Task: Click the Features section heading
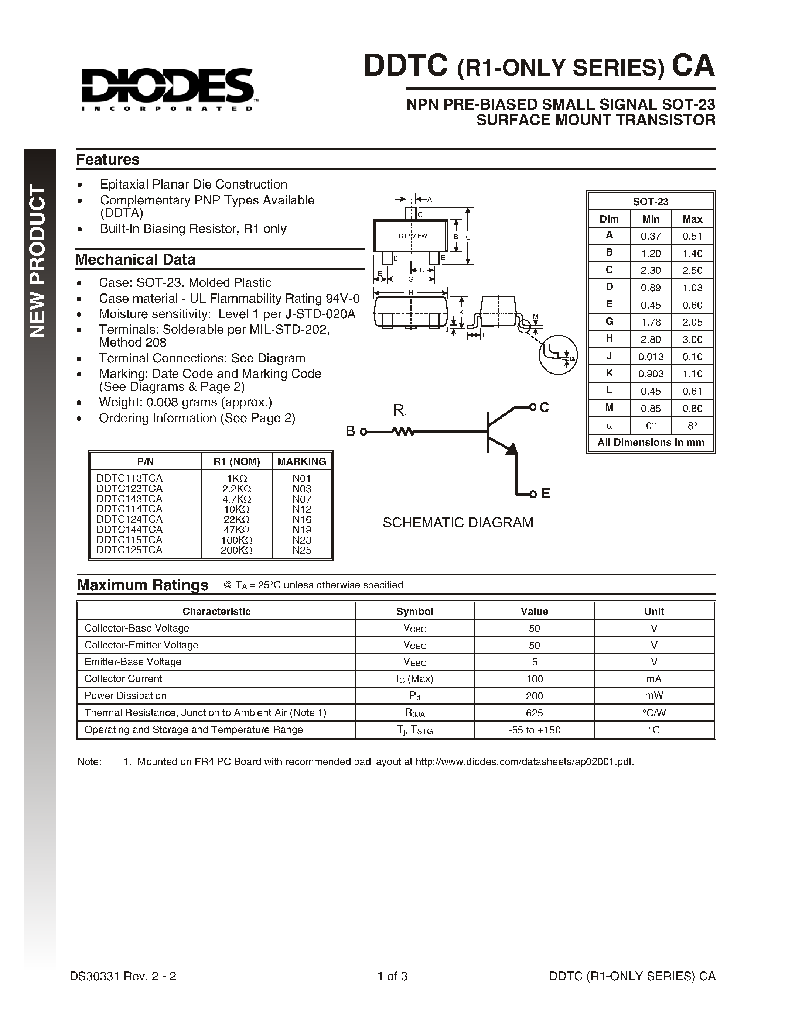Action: [108, 159]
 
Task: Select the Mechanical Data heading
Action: [135, 259]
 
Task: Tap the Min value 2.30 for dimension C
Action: [650, 271]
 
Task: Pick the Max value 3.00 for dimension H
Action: [692, 339]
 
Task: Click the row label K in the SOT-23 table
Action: [609, 373]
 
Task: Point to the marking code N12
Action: [302, 509]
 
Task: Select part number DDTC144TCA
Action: [129, 529]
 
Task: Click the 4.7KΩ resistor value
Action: [237, 499]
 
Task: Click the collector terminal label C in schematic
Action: [544, 407]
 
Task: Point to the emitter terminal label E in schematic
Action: [546, 493]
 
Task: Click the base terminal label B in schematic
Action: [350, 431]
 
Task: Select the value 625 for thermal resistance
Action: [534, 712]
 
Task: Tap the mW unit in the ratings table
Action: [654, 695]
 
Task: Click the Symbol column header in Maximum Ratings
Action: [414, 611]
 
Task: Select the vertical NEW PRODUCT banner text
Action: [38, 261]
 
